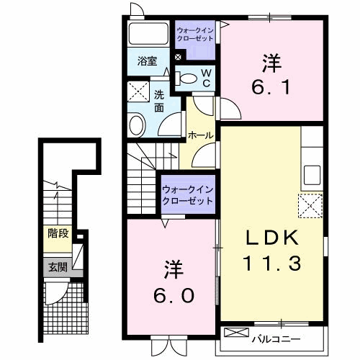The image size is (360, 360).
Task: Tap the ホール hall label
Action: tap(199, 135)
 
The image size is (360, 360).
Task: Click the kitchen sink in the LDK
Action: tap(312, 175)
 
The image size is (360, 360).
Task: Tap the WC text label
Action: tap(205, 77)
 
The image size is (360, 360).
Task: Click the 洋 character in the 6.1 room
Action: tap(271, 63)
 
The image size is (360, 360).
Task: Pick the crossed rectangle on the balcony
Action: tap(236, 333)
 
